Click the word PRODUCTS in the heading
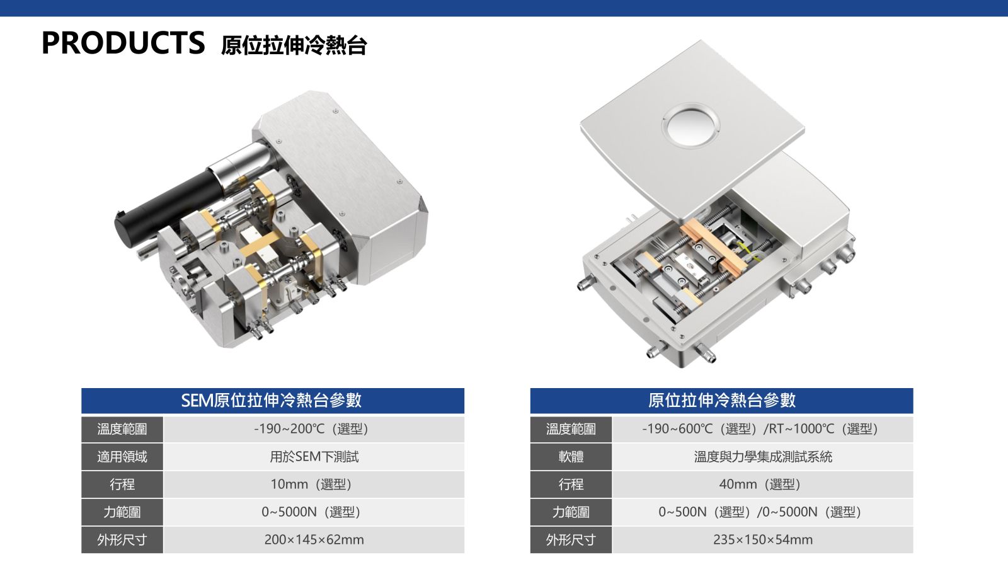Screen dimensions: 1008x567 (x=123, y=43)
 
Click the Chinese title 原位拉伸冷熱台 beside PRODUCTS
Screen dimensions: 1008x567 (x=294, y=45)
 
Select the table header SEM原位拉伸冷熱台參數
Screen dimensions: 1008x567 (x=272, y=400)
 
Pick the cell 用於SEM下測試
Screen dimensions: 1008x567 (x=314, y=457)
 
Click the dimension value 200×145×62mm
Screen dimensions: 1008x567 (x=314, y=539)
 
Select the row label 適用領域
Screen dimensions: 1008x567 (x=122, y=457)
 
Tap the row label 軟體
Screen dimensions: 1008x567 (x=571, y=457)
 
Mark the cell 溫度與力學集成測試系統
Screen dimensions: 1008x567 (x=763, y=457)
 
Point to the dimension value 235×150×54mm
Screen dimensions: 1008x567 (x=763, y=539)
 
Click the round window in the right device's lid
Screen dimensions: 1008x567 (x=690, y=125)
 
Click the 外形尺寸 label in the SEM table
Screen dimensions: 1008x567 (x=122, y=539)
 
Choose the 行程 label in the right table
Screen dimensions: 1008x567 (x=571, y=484)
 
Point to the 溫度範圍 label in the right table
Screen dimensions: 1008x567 (x=571, y=429)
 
